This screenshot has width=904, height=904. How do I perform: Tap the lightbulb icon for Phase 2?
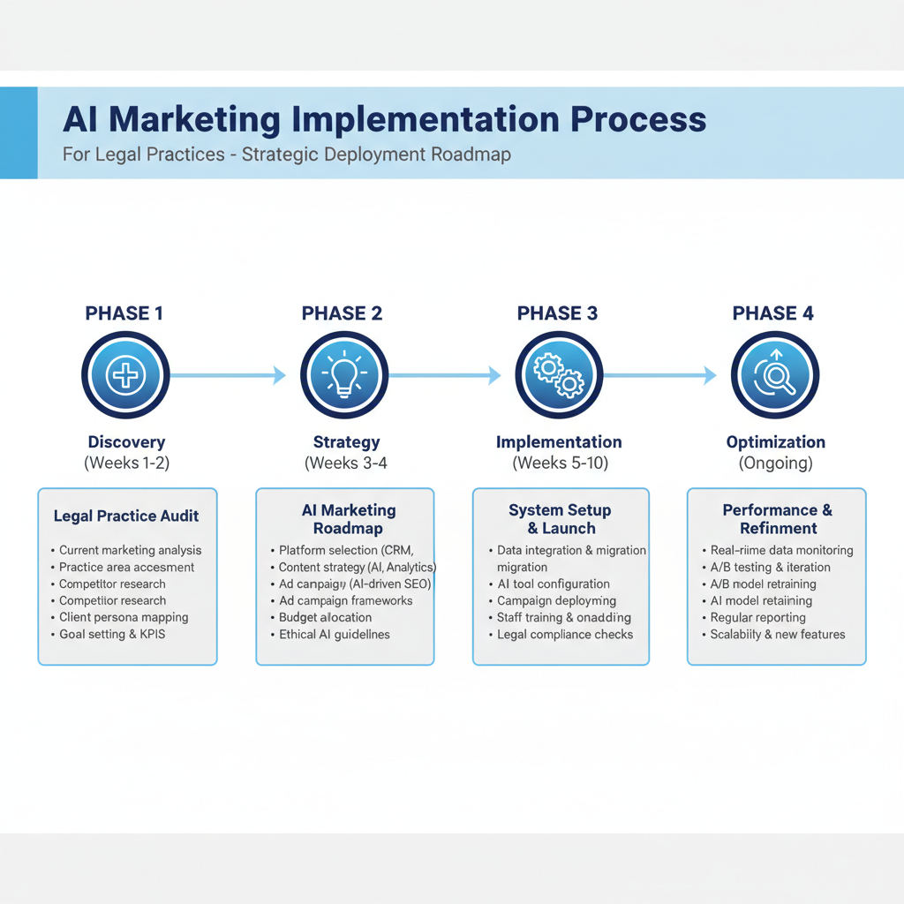[x=343, y=375]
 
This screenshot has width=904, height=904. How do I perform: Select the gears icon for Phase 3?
[x=559, y=375]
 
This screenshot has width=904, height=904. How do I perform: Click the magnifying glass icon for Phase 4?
[x=775, y=375]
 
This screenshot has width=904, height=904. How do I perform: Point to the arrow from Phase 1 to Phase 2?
[x=228, y=375]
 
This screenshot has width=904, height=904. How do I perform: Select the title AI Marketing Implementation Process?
[x=384, y=119]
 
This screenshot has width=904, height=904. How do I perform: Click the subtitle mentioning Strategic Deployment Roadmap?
[x=287, y=154]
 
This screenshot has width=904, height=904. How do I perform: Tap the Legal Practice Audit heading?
[x=126, y=516]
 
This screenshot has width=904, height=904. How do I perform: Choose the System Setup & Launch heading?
[x=561, y=519]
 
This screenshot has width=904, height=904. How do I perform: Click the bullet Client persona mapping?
[x=124, y=617]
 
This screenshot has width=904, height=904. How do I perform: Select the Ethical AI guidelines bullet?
[x=334, y=634]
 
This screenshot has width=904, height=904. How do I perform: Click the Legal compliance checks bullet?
[x=565, y=634]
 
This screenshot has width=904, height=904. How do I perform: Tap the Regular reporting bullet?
[x=757, y=617]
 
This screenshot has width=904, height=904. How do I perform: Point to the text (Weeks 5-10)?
[x=560, y=463]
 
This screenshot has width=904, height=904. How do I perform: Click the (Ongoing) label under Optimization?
[x=775, y=463]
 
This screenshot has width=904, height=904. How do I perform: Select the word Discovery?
[x=126, y=442]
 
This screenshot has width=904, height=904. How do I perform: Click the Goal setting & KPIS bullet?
[x=112, y=634]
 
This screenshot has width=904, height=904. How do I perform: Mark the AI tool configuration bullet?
[x=554, y=584]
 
